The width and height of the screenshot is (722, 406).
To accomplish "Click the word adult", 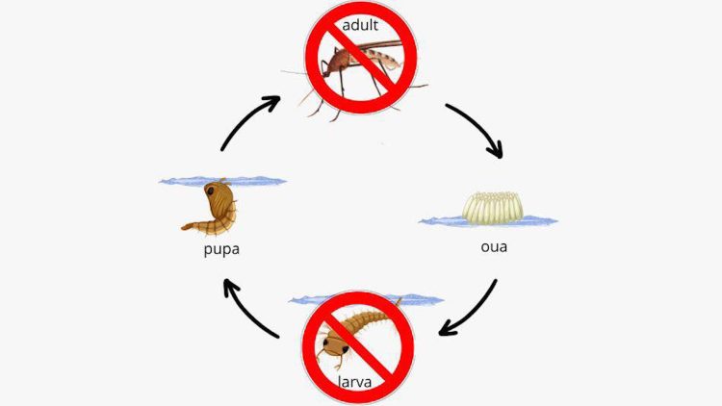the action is (x=360, y=25).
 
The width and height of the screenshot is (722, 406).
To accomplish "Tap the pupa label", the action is (x=221, y=249).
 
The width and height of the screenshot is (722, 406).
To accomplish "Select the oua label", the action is (x=494, y=247).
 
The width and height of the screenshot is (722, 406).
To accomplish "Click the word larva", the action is (x=354, y=382).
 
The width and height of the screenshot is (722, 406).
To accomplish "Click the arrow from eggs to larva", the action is (x=475, y=313).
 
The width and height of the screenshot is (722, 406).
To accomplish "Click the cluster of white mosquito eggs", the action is (x=493, y=208).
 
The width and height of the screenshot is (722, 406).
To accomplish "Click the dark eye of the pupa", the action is (x=210, y=190).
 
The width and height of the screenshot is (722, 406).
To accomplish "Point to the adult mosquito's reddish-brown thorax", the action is (x=339, y=60).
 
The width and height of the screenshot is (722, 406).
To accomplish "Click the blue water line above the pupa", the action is (x=222, y=181).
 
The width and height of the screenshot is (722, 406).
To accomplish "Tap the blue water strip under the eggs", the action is (x=488, y=221).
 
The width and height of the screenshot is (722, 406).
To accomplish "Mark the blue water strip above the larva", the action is (x=366, y=299).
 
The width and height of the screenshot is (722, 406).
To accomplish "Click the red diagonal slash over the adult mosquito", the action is (x=361, y=58).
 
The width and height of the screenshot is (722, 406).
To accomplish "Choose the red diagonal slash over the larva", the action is (x=358, y=346).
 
